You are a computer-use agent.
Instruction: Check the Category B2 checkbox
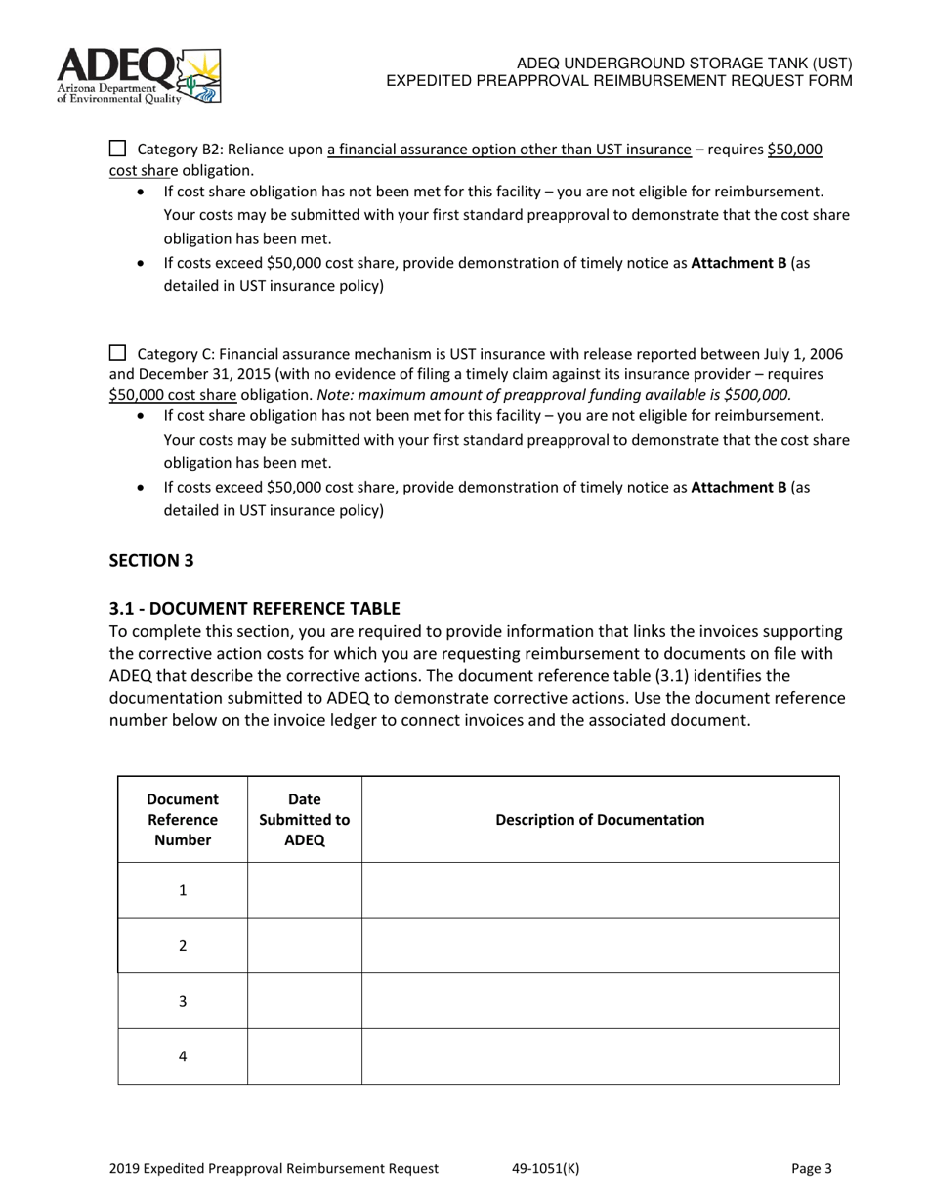(x=117, y=149)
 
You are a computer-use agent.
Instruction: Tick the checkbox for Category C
(x=117, y=353)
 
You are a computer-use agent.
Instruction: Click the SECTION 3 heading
(x=151, y=560)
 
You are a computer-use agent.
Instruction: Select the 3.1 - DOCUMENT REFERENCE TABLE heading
(x=254, y=608)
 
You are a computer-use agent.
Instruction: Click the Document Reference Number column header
(x=183, y=819)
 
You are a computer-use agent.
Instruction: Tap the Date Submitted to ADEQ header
(x=304, y=819)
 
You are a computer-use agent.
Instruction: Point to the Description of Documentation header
(x=600, y=819)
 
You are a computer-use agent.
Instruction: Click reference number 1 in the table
(x=183, y=890)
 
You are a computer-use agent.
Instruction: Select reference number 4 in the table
(x=183, y=1056)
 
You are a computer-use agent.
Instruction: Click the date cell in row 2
(x=304, y=945)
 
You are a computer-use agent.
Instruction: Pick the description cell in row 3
(x=600, y=1001)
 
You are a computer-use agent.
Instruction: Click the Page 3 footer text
(x=812, y=1168)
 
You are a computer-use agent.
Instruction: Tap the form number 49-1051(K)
(x=545, y=1168)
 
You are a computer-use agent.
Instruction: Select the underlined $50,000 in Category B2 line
(x=794, y=150)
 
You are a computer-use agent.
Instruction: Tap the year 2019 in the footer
(x=124, y=1168)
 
